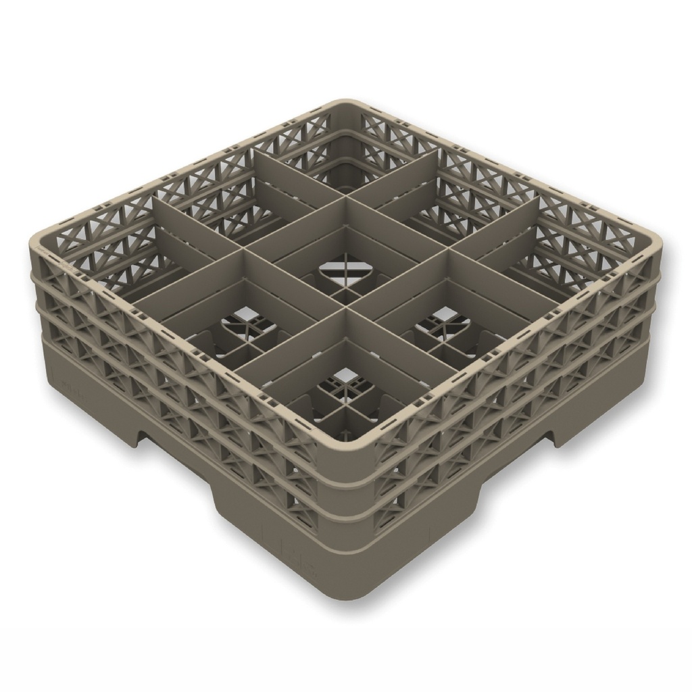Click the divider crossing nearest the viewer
[x=346, y=312]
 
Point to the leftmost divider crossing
[x=245, y=250]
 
